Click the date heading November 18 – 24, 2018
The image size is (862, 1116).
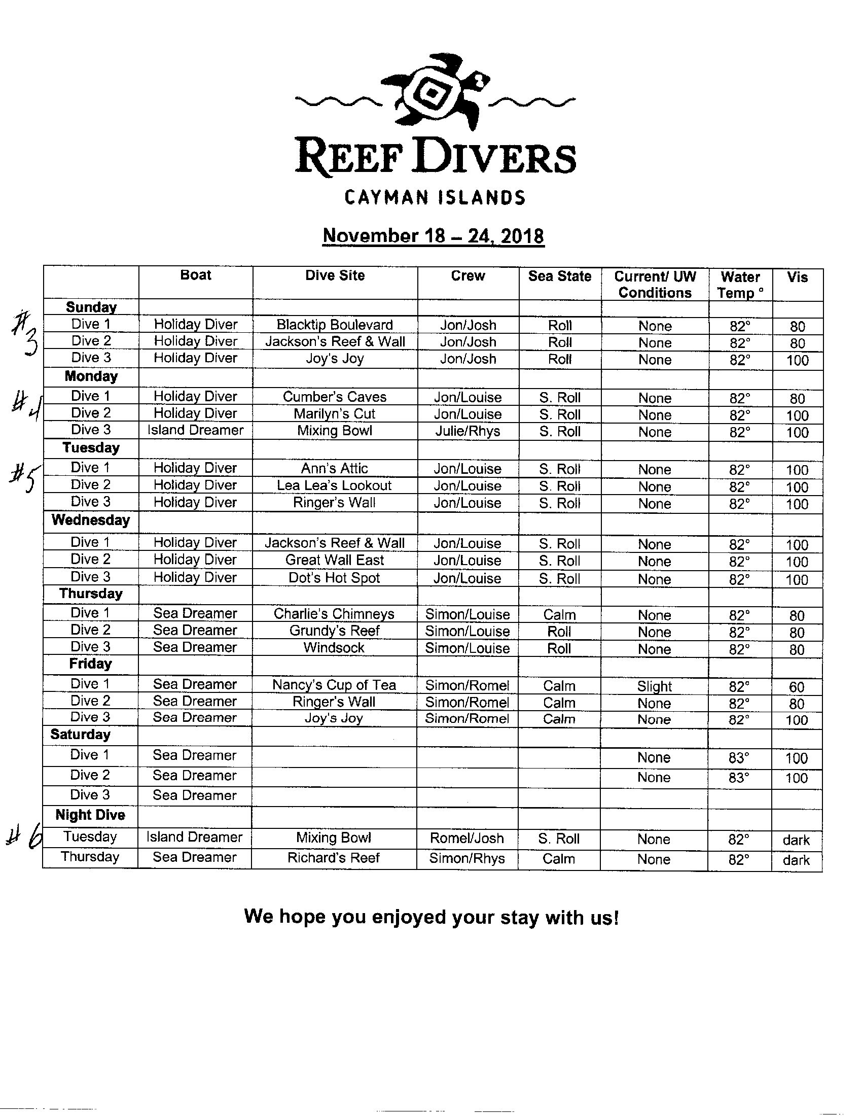[434, 236]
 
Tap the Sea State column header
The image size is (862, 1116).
[560, 276]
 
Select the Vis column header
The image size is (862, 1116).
[797, 277]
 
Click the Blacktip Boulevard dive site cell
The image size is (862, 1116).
[335, 325]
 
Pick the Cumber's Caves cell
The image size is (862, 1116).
[335, 397]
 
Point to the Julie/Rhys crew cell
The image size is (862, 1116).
[468, 431]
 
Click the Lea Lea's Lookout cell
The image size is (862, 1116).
[335, 485]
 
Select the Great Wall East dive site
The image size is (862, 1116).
[335, 560]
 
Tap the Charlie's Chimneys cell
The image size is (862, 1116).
[334, 614]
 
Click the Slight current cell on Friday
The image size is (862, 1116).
[654, 686]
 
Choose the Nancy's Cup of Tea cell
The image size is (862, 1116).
[334, 685]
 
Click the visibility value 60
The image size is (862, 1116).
[797, 687]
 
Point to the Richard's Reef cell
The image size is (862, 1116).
[334, 857]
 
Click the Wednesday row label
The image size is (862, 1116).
[91, 520]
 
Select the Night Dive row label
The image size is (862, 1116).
[90, 815]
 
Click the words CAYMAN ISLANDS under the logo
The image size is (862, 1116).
[435, 197]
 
